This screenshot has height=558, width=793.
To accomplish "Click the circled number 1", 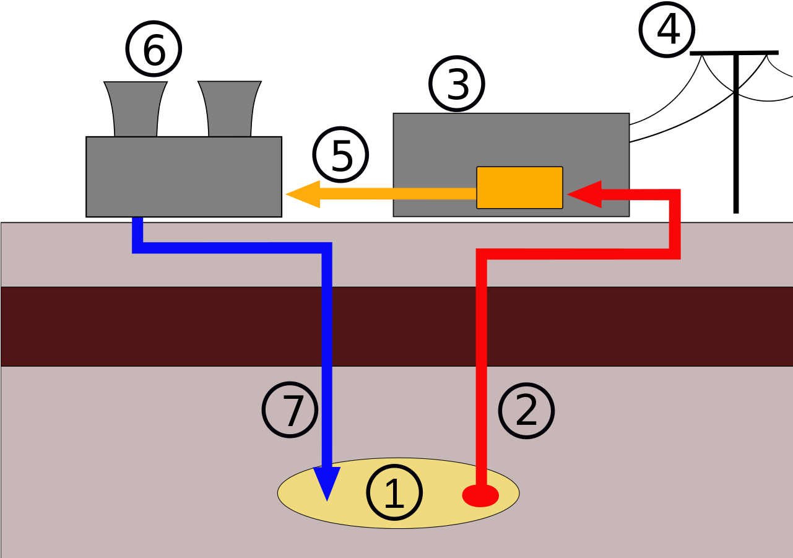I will click(x=394, y=493).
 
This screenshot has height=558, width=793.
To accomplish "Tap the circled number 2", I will click(x=526, y=411).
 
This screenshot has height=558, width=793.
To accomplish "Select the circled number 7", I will click(x=290, y=410).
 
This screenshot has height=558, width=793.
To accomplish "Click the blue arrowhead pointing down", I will click(x=327, y=482).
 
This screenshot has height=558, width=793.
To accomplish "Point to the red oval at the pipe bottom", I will click(x=481, y=495).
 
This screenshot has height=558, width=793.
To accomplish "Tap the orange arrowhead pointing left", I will click(x=303, y=194).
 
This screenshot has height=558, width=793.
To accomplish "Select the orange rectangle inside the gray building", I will click(x=519, y=188).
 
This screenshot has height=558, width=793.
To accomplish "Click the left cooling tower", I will click(x=136, y=109).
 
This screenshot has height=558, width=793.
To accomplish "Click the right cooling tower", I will click(x=230, y=109).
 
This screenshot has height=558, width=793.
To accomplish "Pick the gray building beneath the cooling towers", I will click(x=183, y=177).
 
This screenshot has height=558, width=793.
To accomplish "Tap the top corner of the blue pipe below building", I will click(x=138, y=247).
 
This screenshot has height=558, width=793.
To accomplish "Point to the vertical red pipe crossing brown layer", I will click(x=481, y=326).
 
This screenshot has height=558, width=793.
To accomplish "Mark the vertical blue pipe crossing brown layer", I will click(x=327, y=326).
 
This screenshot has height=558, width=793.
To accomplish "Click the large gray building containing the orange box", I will click(x=433, y=142).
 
